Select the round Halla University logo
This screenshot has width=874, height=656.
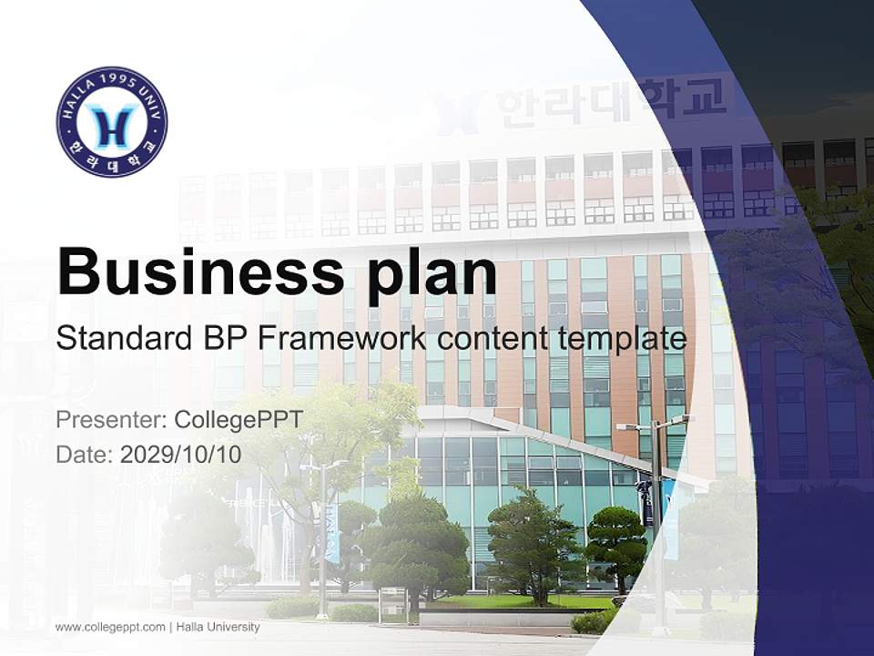(112, 121)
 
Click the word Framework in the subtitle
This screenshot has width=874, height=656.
(340, 339)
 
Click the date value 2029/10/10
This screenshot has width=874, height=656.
(180, 454)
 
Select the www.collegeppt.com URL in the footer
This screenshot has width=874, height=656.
(110, 627)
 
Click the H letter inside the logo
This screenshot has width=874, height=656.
(112, 124)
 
